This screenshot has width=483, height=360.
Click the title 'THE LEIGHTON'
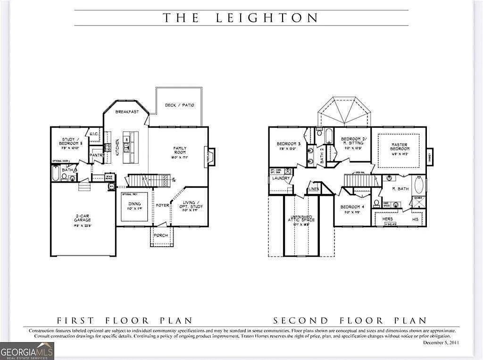click(241, 18)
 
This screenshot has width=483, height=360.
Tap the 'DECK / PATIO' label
click(179, 105)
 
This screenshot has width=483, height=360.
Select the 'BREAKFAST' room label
click(127, 112)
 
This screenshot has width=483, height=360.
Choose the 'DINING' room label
click(134, 204)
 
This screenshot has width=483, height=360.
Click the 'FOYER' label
click(163, 206)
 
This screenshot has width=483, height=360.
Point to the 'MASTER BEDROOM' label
click(399, 147)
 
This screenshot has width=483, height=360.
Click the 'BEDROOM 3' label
click(289, 144)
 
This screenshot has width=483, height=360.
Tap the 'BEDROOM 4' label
click(352, 207)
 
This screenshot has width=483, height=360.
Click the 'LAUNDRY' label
click(281, 178)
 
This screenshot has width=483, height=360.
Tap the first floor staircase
click(149, 180)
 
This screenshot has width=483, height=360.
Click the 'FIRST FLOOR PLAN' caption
click(124, 320)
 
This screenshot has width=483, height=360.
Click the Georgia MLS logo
click(27, 351)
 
